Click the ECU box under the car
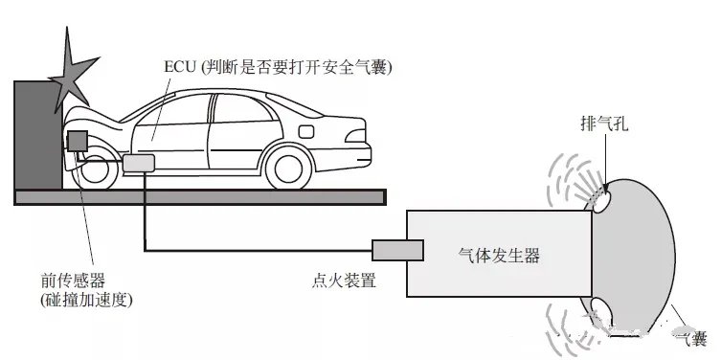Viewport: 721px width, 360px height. pyautogui.click(x=139, y=163)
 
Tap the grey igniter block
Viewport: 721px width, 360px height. pyautogui.click(x=398, y=250)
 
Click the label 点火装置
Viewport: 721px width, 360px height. pyautogui.click(x=343, y=281)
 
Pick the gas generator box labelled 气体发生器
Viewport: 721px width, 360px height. pyautogui.click(x=498, y=255)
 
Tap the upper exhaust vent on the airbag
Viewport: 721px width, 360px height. pyautogui.click(x=602, y=197)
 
